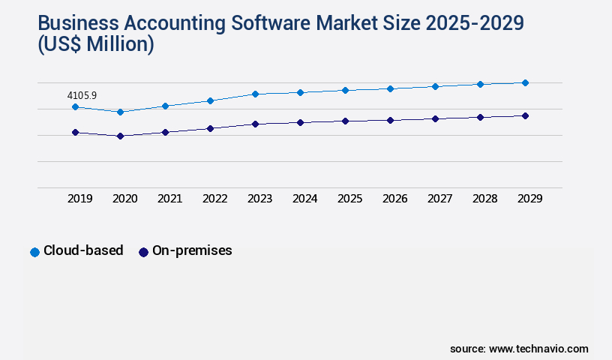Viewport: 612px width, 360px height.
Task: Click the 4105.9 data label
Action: coord(82,95)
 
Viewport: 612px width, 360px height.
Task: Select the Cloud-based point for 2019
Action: coord(75,107)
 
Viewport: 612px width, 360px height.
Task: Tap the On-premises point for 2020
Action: coord(120,136)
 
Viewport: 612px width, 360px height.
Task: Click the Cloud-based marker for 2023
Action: coord(255,94)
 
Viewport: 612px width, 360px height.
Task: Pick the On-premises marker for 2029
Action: coord(525,115)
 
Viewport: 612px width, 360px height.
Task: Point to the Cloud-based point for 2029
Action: coord(525,82)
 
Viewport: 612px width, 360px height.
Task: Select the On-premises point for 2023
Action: coord(255,124)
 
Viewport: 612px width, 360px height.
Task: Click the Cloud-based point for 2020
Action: coord(120,112)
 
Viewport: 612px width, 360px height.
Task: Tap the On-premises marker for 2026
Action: coord(390,120)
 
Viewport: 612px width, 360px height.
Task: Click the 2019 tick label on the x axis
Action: coord(80,199)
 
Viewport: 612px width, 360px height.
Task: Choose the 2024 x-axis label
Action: coord(305,199)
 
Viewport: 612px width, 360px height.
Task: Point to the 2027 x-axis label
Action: coord(440,199)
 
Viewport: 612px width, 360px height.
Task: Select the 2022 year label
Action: coord(215,199)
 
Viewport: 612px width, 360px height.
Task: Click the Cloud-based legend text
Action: coord(83,251)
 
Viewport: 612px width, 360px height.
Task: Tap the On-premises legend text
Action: coord(192,251)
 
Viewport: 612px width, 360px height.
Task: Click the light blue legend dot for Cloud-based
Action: coord(34,252)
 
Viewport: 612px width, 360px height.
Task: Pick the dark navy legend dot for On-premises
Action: coord(143,252)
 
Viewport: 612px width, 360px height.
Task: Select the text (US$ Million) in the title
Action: coord(95,45)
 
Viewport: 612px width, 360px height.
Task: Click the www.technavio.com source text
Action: coord(538,349)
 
